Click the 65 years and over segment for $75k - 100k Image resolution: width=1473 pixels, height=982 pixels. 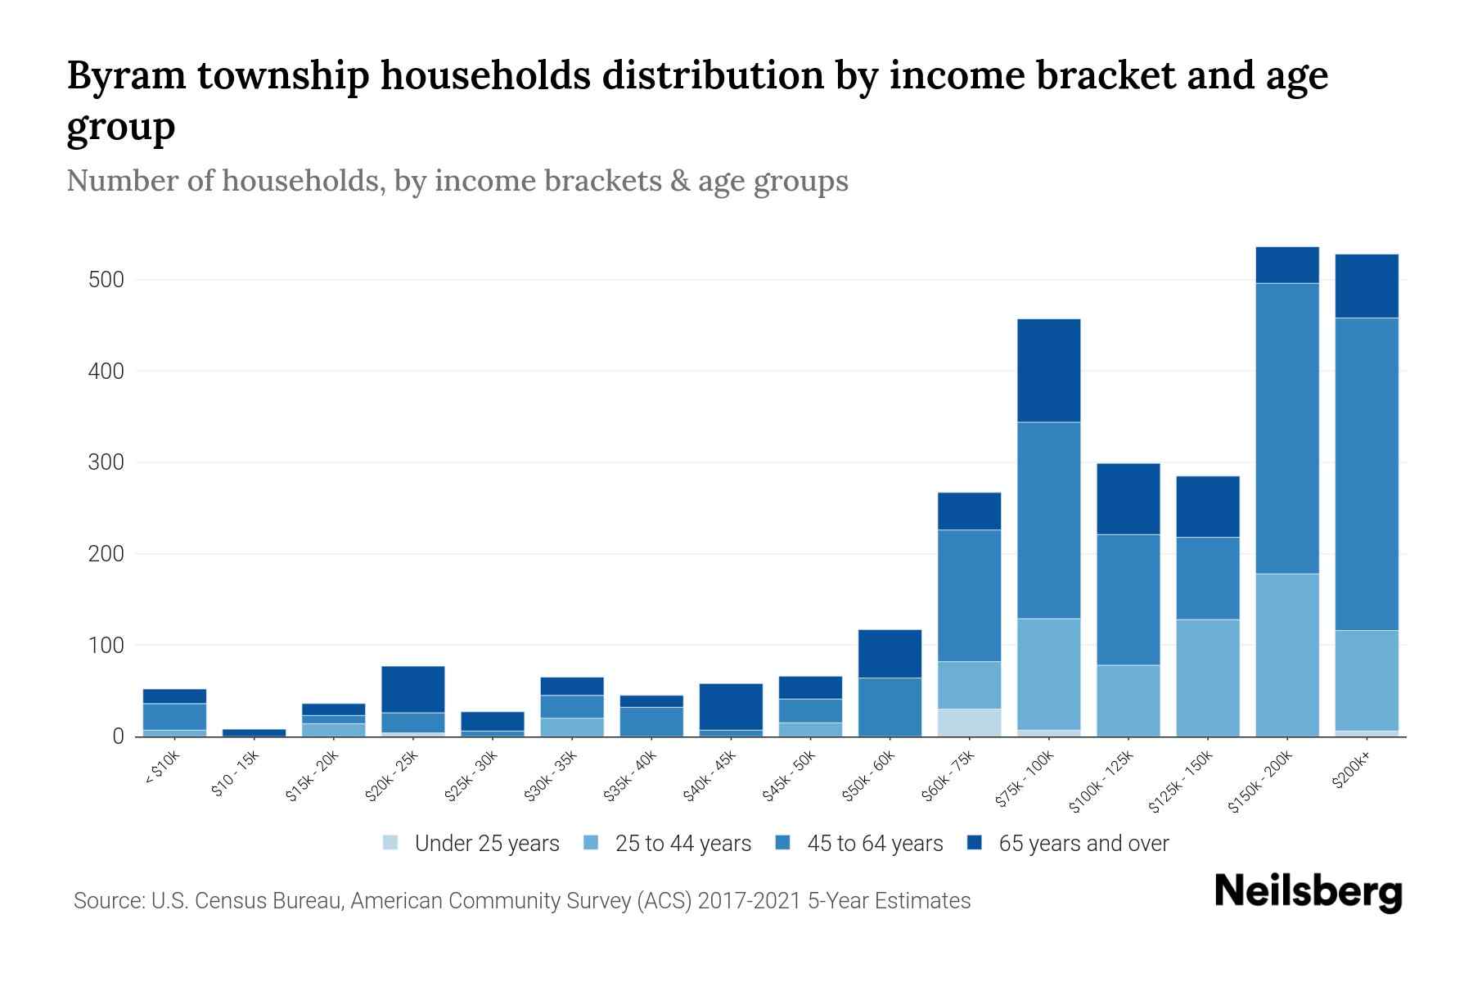(x=1048, y=370)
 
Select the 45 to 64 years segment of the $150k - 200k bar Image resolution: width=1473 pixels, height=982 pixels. (x=1287, y=428)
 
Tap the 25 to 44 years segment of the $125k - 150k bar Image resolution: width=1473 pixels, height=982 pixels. (x=1207, y=678)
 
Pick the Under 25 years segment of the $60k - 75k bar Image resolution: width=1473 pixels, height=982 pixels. (x=969, y=723)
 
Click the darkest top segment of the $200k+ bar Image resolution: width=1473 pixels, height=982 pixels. (x=1367, y=286)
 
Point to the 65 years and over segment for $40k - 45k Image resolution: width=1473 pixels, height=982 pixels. (x=731, y=706)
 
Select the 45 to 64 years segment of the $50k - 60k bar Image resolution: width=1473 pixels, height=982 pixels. (x=890, y=707)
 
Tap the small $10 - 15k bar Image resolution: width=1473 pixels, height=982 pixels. (x=254, y=732)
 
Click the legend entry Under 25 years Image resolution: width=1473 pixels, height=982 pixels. (x=486, y=844)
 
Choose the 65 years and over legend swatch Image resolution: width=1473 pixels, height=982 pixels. (x=975, y=843)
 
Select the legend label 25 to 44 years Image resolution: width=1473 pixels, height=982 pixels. (x=682, y=844)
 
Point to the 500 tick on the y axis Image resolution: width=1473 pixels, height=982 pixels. (x=106, y=280)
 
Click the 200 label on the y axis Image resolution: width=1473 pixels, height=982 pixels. (x=106, y=554)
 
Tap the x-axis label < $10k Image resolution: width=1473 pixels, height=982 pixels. (x=162, y=768)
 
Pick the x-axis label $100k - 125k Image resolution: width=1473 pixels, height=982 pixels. (x=1101, y=782)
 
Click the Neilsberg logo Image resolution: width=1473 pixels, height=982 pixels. (x=1308, y=892)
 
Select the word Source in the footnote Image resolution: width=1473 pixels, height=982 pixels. (x=106, y=901)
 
